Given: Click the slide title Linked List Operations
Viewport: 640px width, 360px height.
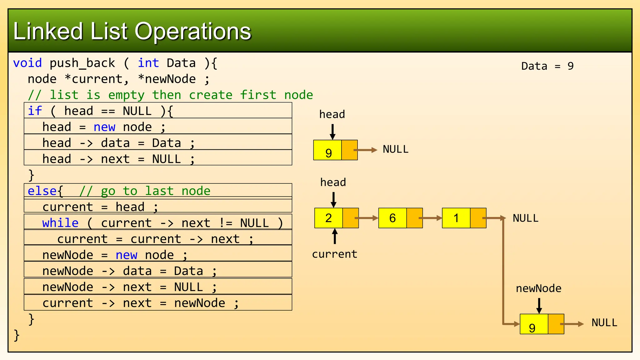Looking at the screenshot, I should (x=132, y=31).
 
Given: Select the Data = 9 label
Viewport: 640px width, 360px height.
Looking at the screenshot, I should (x=547, y=66).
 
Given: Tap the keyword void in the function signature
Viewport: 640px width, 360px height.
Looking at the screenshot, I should (x=27, y=63).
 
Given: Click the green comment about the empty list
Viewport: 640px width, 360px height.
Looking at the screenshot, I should (x=170, y=95).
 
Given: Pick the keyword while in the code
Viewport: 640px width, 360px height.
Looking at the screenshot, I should (x=60, y=223).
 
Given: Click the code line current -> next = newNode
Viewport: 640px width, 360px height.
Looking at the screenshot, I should (x=140, y=303).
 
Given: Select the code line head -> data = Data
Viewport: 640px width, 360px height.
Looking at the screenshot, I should (x=118, y=143).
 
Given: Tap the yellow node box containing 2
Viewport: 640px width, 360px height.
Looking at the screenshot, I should (x=328, y=218).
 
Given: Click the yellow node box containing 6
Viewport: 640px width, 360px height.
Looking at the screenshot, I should (x=392, y=218).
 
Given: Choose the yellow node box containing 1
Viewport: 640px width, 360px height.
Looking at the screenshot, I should (x=456, y=218).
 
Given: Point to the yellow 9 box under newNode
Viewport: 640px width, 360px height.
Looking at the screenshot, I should (x=533, y=324).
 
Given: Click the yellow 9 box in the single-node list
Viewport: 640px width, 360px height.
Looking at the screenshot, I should (x=327, y=150).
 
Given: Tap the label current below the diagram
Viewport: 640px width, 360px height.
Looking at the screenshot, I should (x=334, y=254).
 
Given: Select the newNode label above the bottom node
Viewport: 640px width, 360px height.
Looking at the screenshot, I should (x=538, y=288).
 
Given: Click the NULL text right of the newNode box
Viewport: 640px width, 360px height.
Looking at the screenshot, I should (x=604, y=323).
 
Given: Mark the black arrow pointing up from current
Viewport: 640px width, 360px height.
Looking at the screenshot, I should (x=335, y=236).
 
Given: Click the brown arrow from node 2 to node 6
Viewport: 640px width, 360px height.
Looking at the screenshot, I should (x=368, y=218).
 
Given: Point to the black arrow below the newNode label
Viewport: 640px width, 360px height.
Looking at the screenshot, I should (x=539, y=305).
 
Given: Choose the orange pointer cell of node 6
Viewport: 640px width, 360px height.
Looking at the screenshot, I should (x=414, y=218).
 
